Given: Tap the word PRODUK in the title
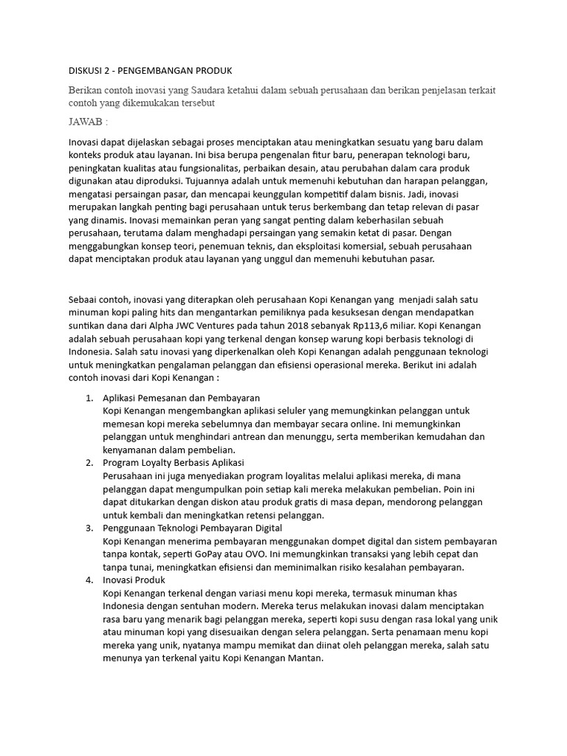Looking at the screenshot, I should coord(214,71).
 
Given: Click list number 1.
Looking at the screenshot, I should coord(89,398).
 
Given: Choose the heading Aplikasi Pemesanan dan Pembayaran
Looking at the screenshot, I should coord(181,398).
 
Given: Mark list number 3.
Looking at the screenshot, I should coord(89,529).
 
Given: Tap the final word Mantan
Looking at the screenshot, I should coord(305,659).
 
